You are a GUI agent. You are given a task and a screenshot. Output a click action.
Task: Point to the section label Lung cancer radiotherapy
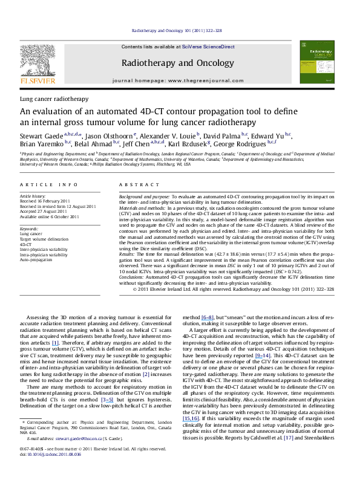[x=54, y=98]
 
